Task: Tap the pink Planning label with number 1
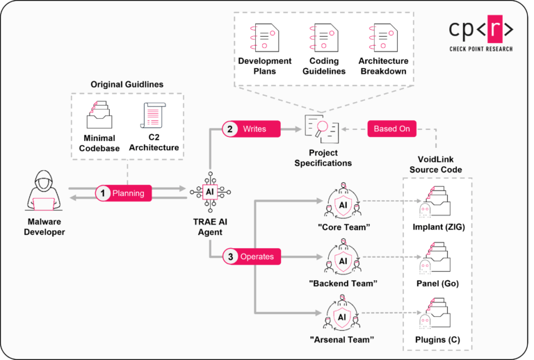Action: click(123, 193)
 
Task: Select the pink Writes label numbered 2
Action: click(251, 129)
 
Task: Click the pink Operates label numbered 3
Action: click(251, 256)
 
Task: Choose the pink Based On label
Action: click(391, 129)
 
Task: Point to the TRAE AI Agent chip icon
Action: click(210, 193)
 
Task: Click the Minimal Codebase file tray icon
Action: click(101, 118)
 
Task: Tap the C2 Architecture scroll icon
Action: click(153, 118)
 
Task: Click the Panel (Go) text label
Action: click(437, 284)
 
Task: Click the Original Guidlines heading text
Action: click(127, 84)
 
